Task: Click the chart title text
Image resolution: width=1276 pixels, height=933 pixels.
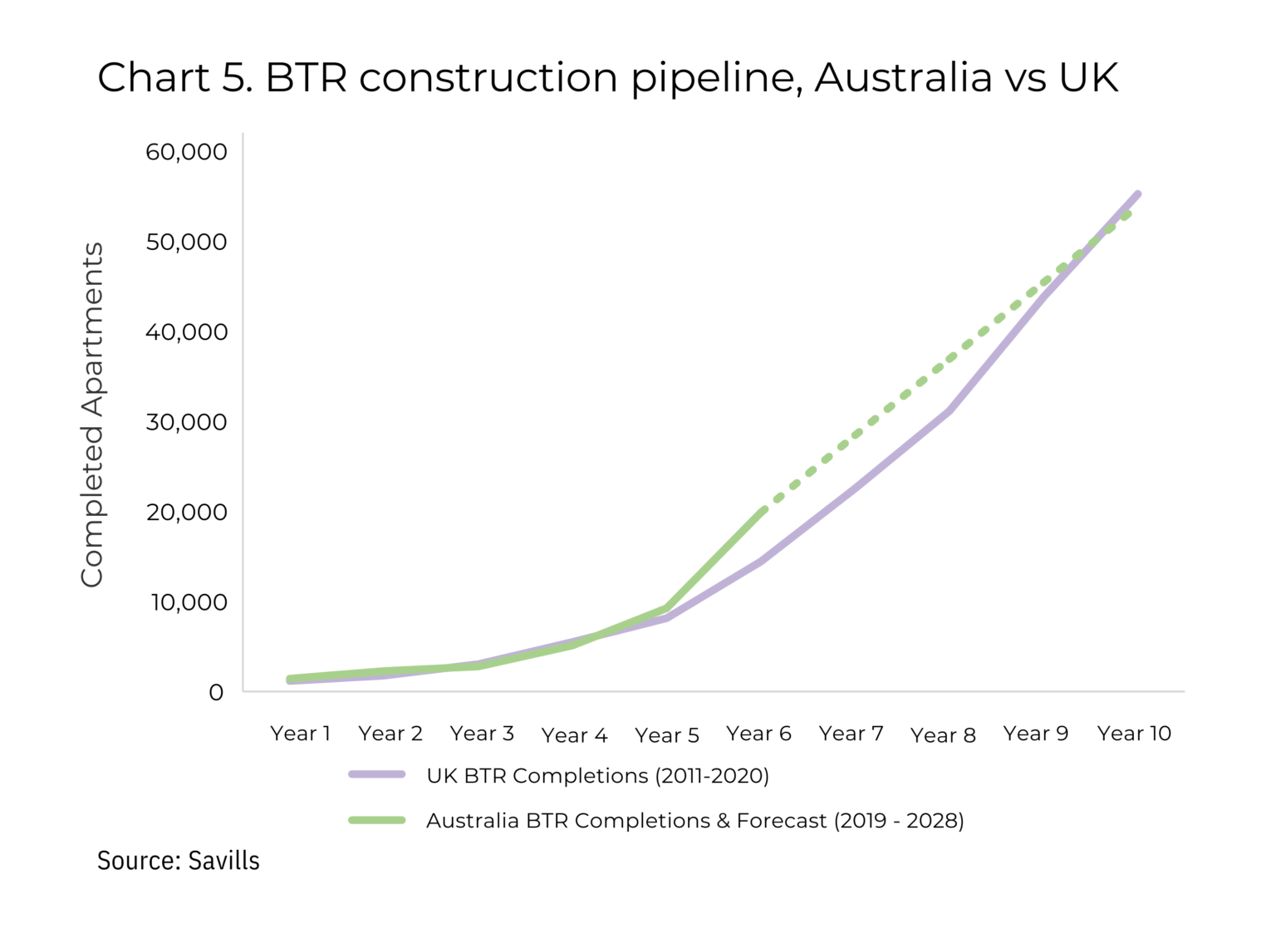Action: pos(607,77)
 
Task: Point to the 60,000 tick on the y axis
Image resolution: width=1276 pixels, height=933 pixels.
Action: pos(186,152)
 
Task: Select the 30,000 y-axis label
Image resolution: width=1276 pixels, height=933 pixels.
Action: pos(186,422)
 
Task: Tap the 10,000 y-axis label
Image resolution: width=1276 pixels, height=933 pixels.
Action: pos(189,602)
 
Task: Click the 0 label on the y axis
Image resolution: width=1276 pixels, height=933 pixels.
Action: pos(216,692)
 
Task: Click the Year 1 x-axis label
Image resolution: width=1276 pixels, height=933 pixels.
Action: pos(300,734)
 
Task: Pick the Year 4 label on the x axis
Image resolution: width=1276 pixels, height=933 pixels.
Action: pos(574,735)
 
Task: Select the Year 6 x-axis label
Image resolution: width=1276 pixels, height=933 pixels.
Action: pos(758,734)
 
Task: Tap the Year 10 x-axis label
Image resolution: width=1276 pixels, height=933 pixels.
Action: pos(1133,734)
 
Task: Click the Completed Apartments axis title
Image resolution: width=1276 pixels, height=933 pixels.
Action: pos(92,415)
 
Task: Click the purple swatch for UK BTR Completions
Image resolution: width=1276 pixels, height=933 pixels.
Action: pos(377,774)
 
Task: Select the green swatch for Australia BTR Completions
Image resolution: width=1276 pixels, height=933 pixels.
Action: pos(377,820)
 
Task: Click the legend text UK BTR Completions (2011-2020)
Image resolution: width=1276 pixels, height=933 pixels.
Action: pos(597,776)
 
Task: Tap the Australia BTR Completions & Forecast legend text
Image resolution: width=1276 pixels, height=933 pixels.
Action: pos(694,821)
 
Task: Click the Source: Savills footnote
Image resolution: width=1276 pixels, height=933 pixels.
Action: pos(178,861)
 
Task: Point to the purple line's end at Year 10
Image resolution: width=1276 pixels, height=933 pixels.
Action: pos(1137,194)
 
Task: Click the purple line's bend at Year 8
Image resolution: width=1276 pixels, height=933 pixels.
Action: pos(948,410)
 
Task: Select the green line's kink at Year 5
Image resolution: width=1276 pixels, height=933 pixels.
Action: pos(666,608)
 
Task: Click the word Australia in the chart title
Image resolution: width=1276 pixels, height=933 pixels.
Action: pos(903,77)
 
